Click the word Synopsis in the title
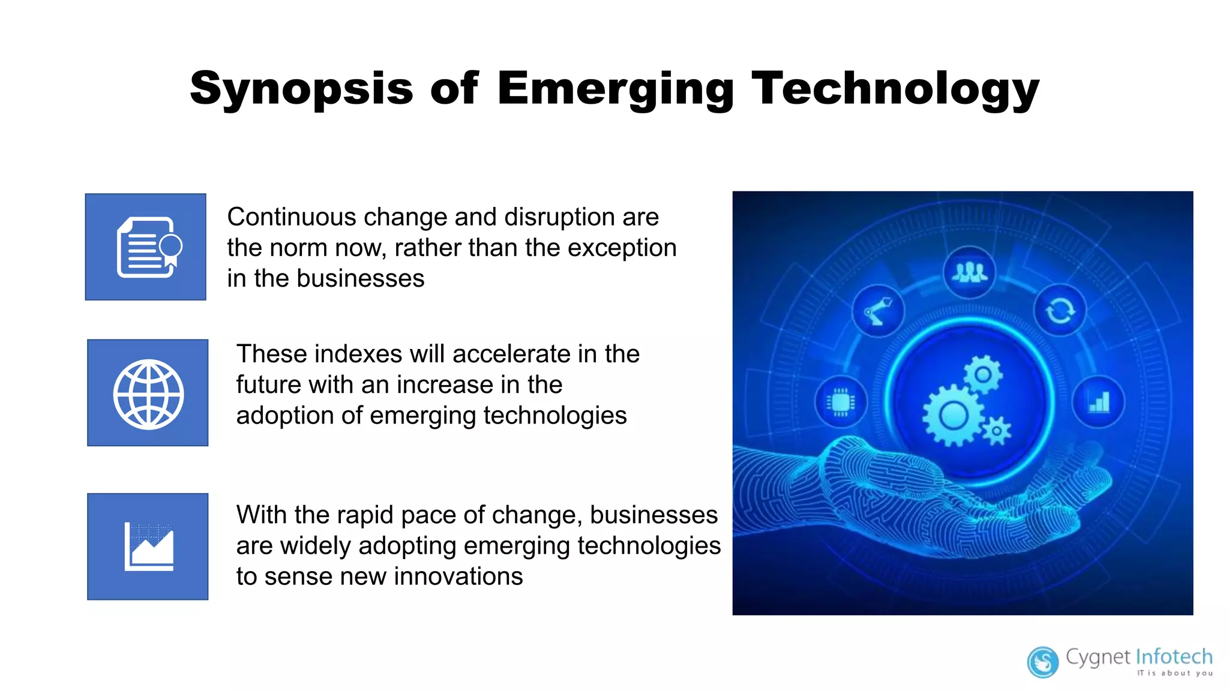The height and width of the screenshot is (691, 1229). click(301, 89)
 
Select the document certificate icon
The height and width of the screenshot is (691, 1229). click(148, 247)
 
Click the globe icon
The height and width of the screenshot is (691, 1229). click(148, 394)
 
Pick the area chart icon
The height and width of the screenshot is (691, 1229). click(149, 546)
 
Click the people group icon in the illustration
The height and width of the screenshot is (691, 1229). click(969, 272)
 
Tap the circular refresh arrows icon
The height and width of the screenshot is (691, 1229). click(1060, 311)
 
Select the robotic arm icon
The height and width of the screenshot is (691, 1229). click(878, 311)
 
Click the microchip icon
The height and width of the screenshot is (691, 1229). click(841, 402)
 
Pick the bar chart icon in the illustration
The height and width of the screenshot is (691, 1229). click(1098, 402)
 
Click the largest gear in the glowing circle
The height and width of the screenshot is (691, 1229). click(952, 416)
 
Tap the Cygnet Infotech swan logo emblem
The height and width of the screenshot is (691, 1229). click(1043, 662)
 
